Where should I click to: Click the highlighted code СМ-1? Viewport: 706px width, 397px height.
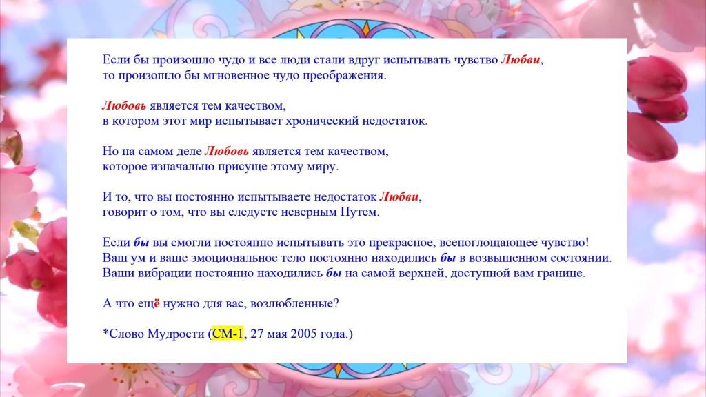pos(228,334)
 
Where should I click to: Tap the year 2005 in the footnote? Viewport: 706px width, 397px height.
pos(303,334)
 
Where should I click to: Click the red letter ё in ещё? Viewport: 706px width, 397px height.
pos(157,303)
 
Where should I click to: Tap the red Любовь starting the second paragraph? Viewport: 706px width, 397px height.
pos(124,105)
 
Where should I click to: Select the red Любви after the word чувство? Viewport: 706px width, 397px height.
pos(520,60)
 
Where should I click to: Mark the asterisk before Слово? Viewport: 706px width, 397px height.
pos(105,333)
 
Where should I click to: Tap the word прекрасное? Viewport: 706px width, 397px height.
pos(402,243)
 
